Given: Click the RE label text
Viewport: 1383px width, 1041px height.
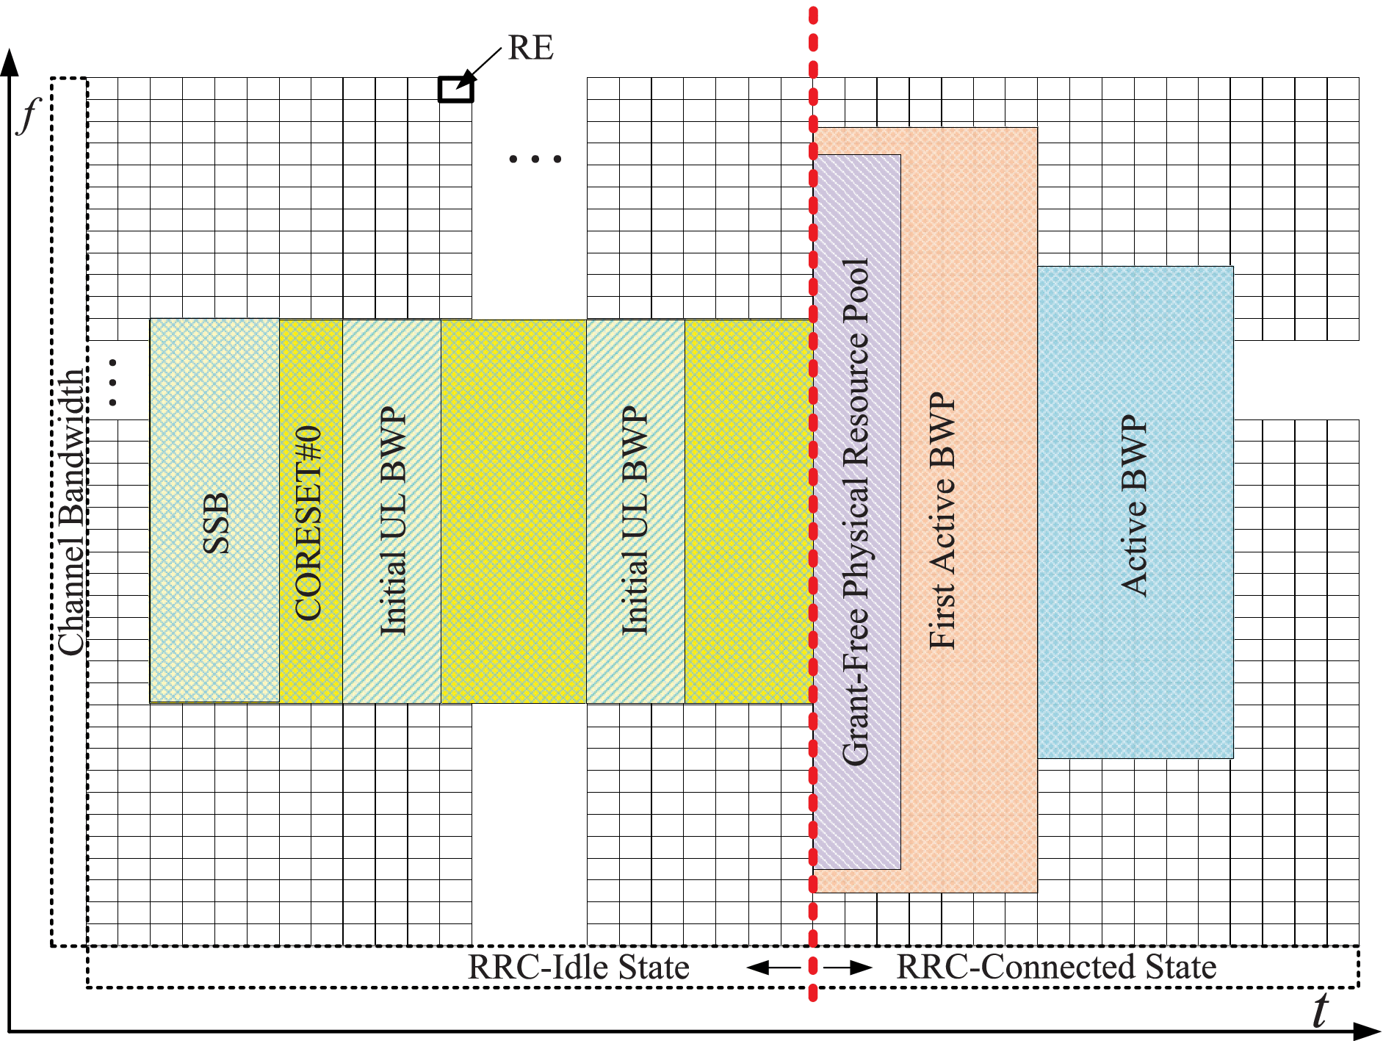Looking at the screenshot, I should [530, 48].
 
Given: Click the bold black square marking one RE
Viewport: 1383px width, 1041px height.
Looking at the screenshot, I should [455, 89].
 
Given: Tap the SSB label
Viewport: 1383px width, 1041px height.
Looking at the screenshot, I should [216, 523].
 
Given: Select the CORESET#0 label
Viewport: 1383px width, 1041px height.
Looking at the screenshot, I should [308, 524].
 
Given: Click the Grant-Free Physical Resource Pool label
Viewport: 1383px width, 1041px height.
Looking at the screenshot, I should [856, 512].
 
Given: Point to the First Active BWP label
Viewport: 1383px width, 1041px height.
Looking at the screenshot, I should [942, 520].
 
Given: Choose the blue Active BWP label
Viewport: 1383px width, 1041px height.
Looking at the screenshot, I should [1134, 505].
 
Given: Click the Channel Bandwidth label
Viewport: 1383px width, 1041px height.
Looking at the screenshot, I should [71, 512].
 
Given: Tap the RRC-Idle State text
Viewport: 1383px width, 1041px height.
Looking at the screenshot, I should [579, 967].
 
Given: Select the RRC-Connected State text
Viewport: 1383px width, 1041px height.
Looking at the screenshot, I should [1056, 967].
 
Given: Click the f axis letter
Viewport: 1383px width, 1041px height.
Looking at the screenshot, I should [28, 115].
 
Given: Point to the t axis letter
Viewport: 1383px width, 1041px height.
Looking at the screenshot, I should [1320, 1011].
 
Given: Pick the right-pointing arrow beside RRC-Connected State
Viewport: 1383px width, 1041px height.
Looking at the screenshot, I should [852, 968].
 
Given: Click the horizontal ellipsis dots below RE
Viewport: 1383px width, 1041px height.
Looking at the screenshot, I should [535, 159].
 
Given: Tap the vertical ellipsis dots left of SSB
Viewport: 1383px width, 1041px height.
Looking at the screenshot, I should [112, 382].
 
